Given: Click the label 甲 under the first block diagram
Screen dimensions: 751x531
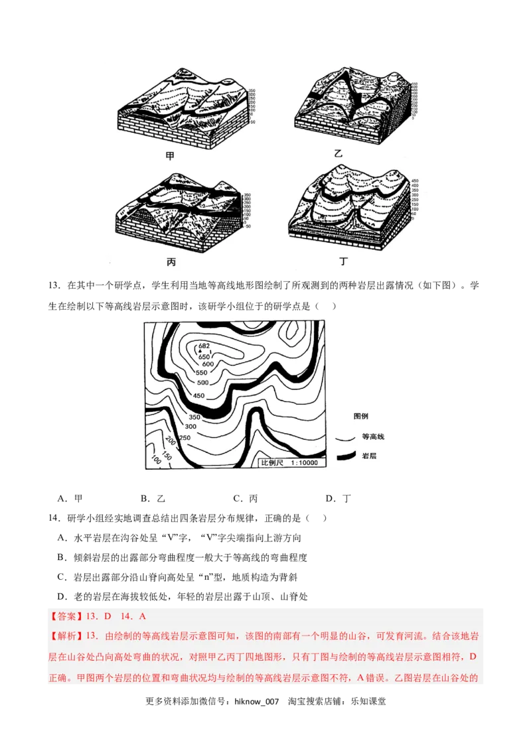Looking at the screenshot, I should tap(171, 157).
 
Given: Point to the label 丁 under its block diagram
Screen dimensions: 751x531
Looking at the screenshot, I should tap(343, 261).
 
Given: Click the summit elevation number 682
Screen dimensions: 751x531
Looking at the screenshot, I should tap(204, 346).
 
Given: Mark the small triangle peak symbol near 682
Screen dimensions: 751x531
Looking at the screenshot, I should tap(200, 352).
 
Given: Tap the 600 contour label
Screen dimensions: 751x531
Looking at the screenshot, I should tap(208, 364).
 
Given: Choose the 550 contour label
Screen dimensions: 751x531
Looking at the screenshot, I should tap(202, 374).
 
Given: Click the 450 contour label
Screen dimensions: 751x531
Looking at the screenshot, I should tap(198, 396).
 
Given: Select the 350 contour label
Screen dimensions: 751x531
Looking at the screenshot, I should tap(194, 417).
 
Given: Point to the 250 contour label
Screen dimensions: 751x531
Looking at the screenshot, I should tap(185, 438).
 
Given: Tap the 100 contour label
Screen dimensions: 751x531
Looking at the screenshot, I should tap(157, 460).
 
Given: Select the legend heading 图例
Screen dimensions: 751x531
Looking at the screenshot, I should tap(361, 416).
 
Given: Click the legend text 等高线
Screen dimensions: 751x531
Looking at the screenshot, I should tap(373, 437).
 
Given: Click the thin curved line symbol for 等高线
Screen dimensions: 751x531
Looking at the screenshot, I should tap(344, 438).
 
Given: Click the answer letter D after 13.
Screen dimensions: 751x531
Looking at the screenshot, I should tap(108, 616).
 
